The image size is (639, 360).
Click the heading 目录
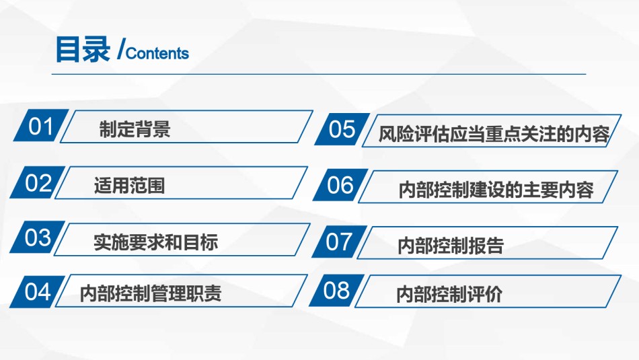tap(83, 49)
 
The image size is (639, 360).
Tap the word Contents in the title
tap(157, 53)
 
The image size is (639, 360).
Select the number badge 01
tap(41, 126)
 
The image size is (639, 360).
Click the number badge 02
tap(38, 182)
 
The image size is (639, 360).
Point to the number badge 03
tap(38, 237)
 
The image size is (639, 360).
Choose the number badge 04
tap(37, 291)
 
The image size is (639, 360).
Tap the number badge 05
tap(342, 129)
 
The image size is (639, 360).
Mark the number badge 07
tap(339, 242)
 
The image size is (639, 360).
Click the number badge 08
tap(336, 290)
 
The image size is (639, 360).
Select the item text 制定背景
tap(135, 129)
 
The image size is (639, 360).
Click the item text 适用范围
tap(130, 186)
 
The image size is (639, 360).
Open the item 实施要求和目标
tap(155, 242)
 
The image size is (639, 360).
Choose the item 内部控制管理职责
tap(151, 293)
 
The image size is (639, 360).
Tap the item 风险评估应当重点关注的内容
tap(494, 134)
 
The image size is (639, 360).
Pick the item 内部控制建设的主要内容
tap(496, 190)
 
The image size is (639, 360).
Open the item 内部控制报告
tap(451, 246)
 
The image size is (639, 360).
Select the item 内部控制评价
tap(449, 294)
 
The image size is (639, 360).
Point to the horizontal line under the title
tap(319, 74)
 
